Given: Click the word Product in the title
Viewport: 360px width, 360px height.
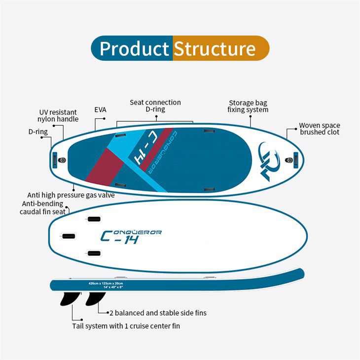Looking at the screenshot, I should tap(134, 49).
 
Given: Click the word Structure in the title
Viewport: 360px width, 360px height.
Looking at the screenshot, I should tap(215, 49).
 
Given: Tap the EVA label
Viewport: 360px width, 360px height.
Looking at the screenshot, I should tap(100, 110).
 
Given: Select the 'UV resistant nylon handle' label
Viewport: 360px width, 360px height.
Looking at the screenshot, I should tap(58, 116).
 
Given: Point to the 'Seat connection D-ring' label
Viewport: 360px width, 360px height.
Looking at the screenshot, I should tap(155, 106).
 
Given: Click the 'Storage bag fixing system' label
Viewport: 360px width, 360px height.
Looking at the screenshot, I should tap(248, 106).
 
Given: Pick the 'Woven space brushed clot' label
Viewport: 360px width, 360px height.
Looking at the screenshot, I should tap(319, 129).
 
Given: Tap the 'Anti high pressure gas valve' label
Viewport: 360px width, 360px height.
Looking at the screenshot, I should tap(71, 195).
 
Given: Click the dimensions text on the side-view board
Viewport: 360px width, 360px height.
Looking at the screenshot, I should tap(106, 285).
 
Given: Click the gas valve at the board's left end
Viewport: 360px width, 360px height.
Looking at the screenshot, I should tap(62, 160).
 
